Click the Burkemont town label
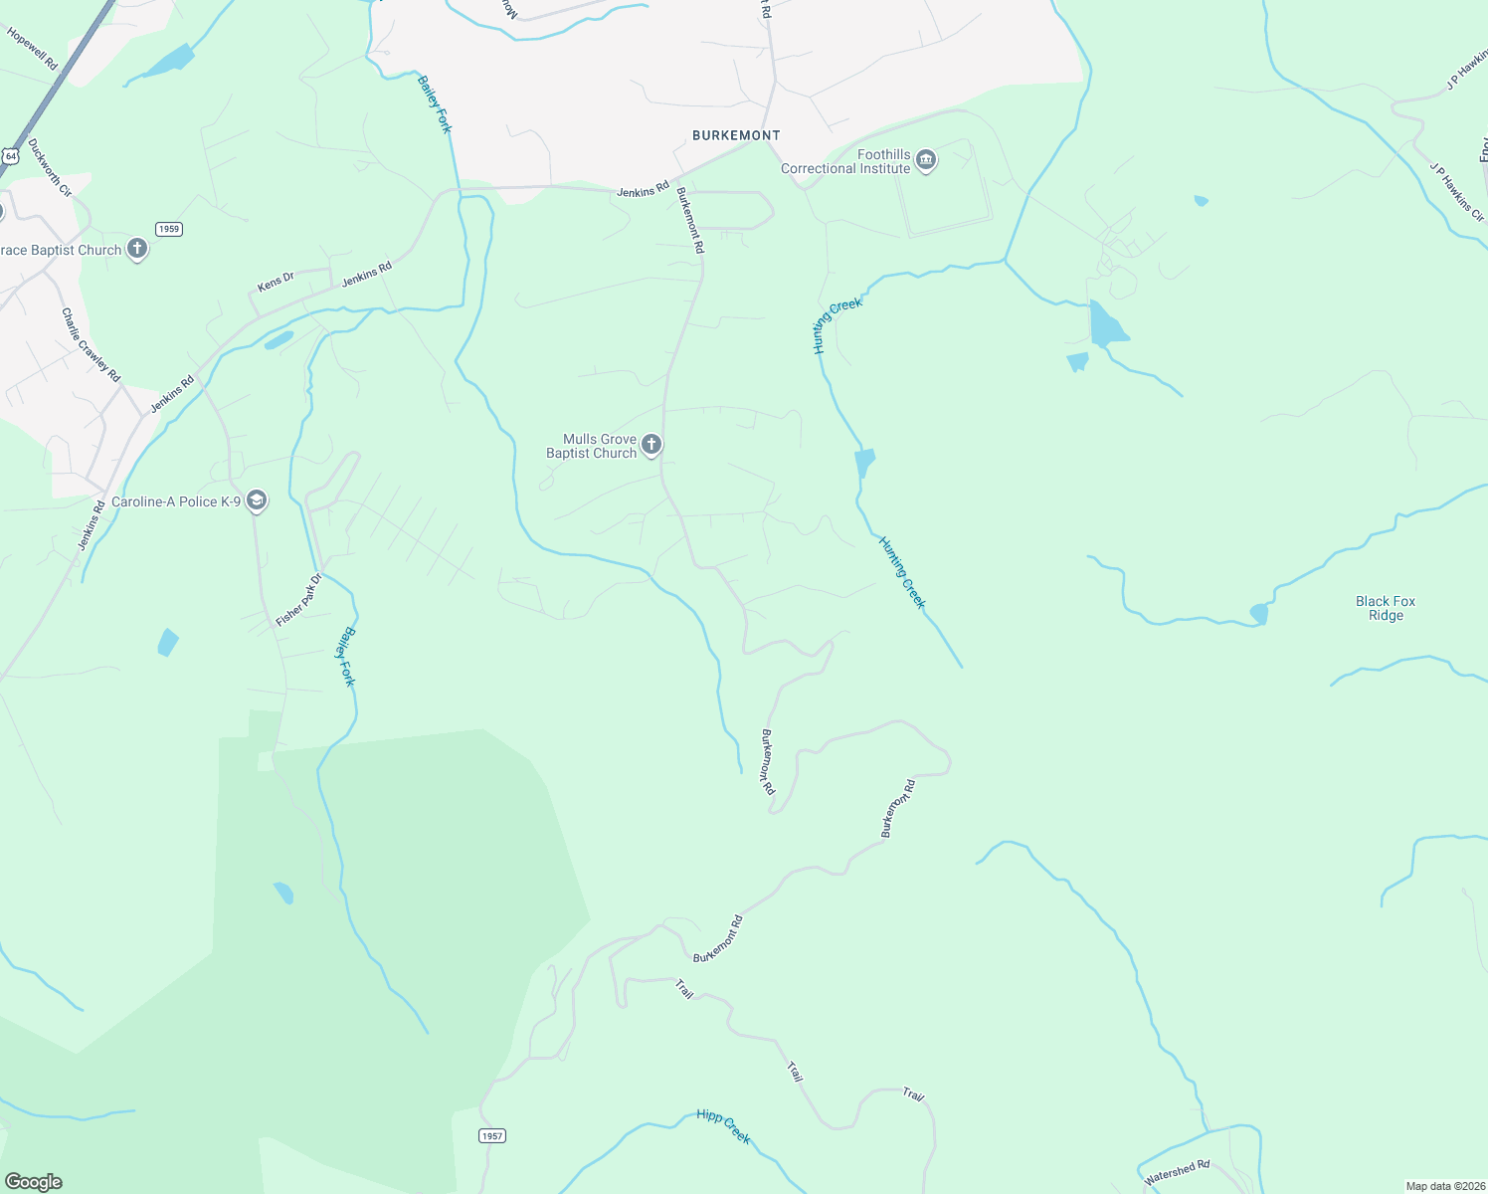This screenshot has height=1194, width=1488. [736, 135]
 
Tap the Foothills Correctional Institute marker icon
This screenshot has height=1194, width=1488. [926, 160]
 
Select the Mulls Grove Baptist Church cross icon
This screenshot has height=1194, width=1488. [651, 445]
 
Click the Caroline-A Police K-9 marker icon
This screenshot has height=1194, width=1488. [257, 500]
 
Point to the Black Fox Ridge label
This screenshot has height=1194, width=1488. [1386, 608]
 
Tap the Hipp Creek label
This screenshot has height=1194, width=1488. [723, 1126]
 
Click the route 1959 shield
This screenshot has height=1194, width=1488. [169, 229]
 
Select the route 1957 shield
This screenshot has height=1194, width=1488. [492, 1135]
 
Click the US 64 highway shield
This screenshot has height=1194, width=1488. [10, 156]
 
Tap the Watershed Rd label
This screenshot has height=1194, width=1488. [1177, 1172]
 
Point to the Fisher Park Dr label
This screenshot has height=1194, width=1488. [299, 600]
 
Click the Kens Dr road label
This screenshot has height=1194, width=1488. [276, 282]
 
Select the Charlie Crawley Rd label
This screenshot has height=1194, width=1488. [91, 345]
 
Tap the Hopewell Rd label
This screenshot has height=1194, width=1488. [33, 48]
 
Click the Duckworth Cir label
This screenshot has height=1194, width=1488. [50, 167]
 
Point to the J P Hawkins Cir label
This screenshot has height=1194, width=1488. [1456, 193]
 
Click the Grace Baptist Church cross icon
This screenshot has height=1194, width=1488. [137, 250]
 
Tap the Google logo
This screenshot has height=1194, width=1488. [33, 1182]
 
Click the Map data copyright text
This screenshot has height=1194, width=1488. [1444, 1186]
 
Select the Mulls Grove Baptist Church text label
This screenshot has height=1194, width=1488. [591, 446]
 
